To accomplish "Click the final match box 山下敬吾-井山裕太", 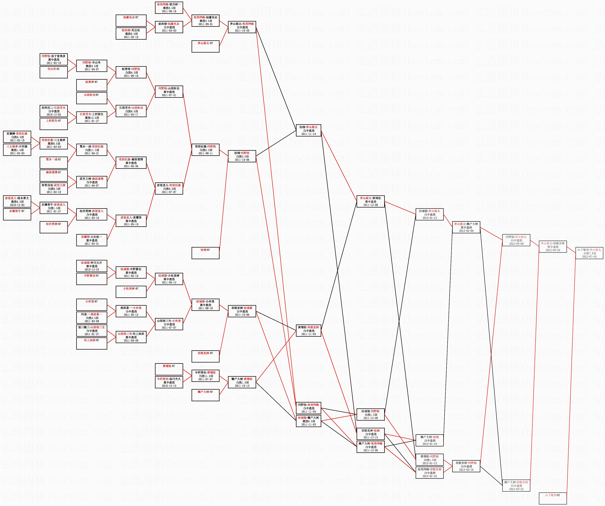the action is pyautogui.click(x=589, y=253).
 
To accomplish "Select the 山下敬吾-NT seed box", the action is pyautogui.click(x=553, y=498).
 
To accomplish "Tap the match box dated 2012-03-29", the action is pyautogui.click(x=553, y=247).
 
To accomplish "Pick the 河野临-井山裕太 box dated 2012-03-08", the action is pyautogui.click(x=516, y=240).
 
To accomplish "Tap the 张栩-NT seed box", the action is pyautogui.click(x=205, y=253).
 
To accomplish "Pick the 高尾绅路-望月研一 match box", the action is pyautogui.click(x=169, y=8).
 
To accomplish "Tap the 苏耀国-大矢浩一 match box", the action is pyautogui.click(x=92, y=240).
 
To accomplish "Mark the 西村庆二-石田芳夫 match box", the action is pyautogui.click(x=54, y=111).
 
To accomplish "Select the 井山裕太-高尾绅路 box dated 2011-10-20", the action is pyautogui.click(x=242, y=27).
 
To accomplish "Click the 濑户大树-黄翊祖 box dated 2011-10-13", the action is pyautogui.click(x=242, y=382).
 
